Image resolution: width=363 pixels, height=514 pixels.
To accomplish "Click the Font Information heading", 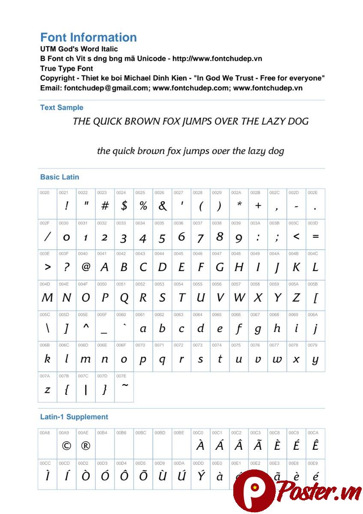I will tap(89, 37).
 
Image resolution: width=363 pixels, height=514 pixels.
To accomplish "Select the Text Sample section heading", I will tap(62, 108).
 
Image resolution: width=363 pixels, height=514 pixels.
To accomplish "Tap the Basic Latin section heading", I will tap(60, 177).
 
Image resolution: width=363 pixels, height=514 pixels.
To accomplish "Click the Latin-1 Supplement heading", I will tap(74, 417).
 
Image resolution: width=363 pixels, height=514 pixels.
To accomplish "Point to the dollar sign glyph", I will tap(124, 206).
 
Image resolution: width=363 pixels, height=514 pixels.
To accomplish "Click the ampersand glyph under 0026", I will tap(162, 206).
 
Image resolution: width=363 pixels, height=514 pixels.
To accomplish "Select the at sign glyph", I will tap(86, 267).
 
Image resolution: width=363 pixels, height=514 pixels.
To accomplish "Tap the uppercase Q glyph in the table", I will tap(124, 298).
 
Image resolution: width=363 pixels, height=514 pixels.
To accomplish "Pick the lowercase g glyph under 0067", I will tap(258, 329).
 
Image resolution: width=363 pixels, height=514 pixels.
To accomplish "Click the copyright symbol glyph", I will tap(66, 446).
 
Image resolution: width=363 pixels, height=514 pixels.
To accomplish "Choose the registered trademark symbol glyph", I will tap(86, 446).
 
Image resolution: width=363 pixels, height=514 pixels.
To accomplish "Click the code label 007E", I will tap(121, 376).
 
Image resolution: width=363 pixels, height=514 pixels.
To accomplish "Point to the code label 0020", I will tap(45, 193).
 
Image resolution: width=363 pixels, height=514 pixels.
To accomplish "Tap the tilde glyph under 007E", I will tap(125, 385).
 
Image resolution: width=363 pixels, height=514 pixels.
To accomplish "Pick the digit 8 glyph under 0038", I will tap(220, 236).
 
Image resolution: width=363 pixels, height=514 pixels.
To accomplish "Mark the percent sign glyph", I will tap(143, 206).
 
